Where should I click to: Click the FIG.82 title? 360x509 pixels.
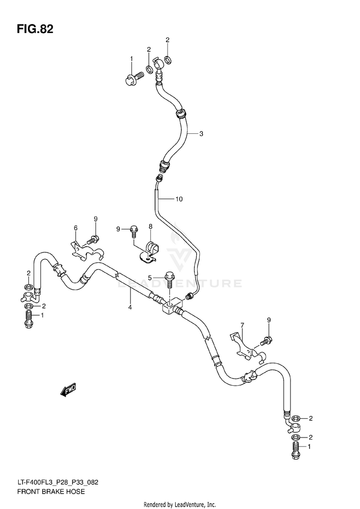(x=35, y=30)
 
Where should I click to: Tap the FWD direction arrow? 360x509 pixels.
(x=68, y=390)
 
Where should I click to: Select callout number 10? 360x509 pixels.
(x=179, y=199)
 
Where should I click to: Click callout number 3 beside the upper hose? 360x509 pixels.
(x=201, y=133)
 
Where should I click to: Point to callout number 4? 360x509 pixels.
(x=130, y=307)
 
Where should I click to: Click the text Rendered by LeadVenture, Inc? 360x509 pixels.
(x=180, y=505)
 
